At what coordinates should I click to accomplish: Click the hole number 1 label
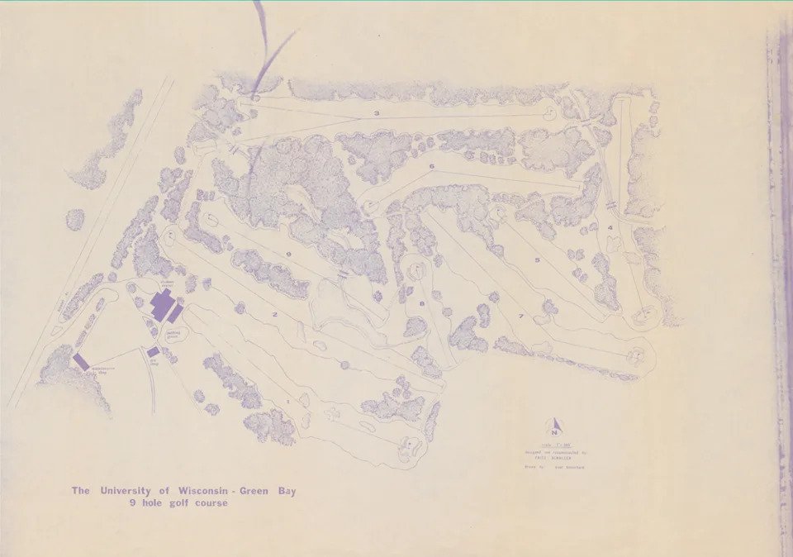287,402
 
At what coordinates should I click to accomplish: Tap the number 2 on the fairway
274,315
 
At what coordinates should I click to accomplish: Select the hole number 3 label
376,113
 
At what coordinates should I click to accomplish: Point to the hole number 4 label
610,227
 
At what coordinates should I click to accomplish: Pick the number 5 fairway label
537,260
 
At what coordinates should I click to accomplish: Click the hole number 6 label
431,167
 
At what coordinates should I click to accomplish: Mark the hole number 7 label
520,317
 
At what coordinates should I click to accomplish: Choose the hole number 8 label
421,305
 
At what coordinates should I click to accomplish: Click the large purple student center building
164,306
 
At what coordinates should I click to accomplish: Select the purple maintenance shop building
81,361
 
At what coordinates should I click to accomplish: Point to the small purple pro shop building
153,352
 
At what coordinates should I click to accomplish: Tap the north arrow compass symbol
555,426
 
